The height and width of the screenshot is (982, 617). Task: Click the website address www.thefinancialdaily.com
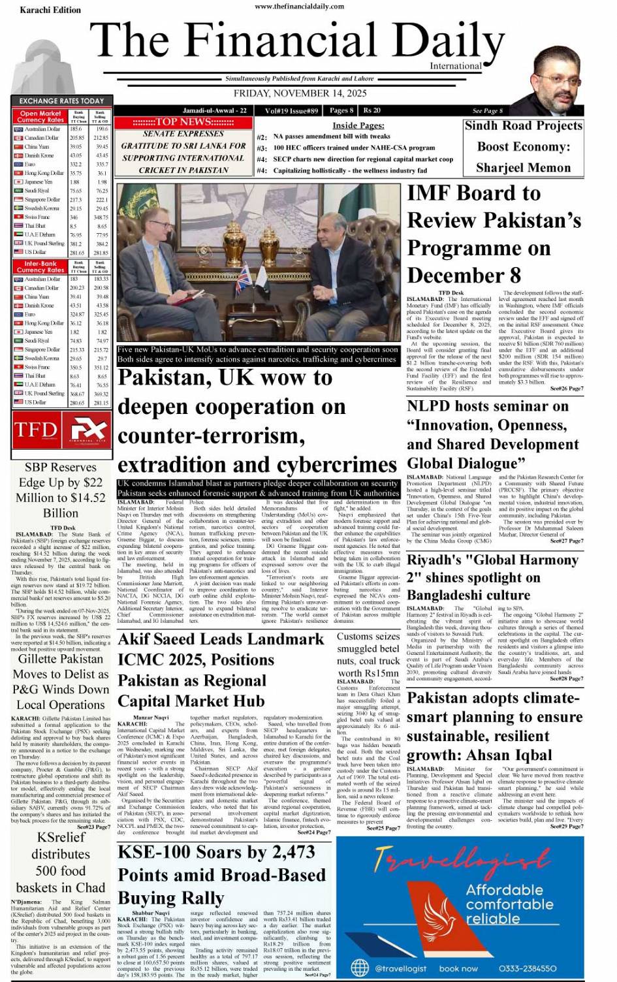[x=299, y=7]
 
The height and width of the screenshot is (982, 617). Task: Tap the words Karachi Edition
[x=50, y=10]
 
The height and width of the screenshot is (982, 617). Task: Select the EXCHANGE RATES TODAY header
[x=61, y=101]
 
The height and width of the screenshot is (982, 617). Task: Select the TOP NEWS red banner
[x=183, y=122]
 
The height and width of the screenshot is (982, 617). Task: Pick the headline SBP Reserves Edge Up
[x=60, y=490]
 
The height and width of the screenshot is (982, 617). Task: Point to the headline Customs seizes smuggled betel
[x=368, y=655]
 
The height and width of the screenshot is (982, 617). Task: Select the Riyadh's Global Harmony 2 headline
[x=492, y=577]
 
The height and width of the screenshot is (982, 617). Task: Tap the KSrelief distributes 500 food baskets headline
[x=61, y=863]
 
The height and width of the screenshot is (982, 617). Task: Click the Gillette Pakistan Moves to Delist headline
[x=61, y=682]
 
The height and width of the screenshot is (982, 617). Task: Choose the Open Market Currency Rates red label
[x=40, y=117]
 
